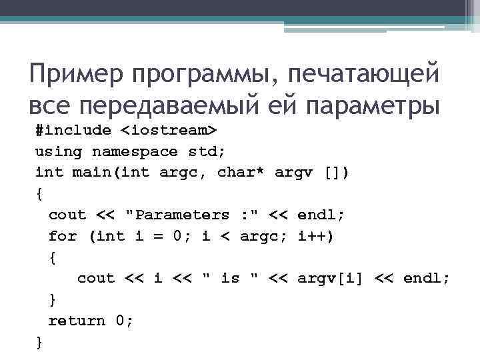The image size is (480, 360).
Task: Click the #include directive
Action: point(73,130)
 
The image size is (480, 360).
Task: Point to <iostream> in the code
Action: point(181,130)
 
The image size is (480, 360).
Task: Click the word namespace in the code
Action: point(135,151)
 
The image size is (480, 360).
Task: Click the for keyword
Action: point(63,236)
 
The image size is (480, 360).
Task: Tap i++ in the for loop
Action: point(317,236)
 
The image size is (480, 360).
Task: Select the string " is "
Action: point(229,278)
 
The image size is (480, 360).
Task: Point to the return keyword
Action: point(77,321)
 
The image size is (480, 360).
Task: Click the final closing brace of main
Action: point(39,342)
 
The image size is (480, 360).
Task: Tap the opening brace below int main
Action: point(39,194)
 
